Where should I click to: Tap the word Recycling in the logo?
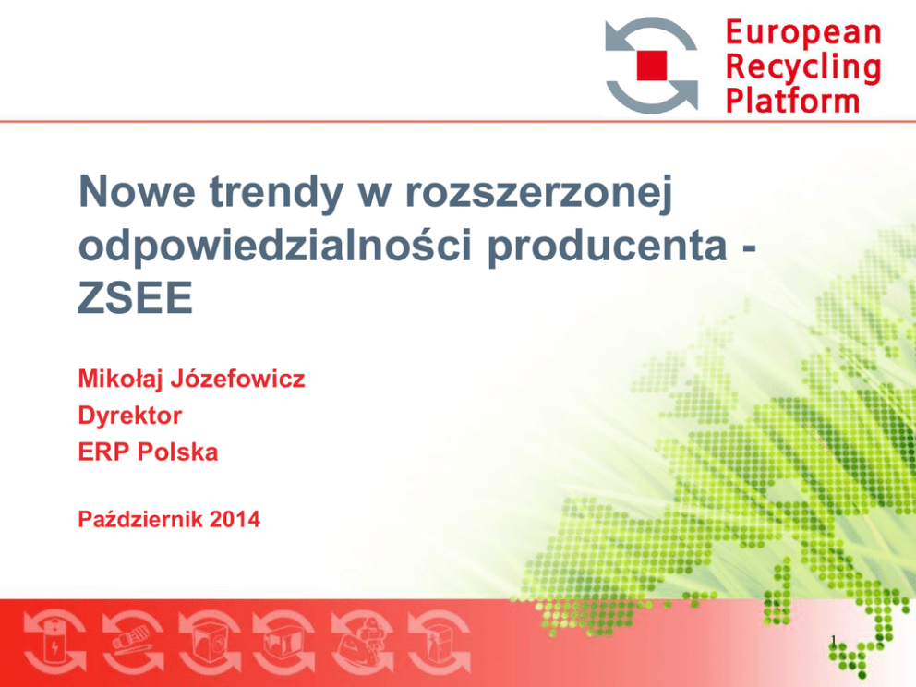[x=803, y=67]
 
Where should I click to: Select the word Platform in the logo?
[x=793, y=101]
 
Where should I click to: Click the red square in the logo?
[x=651, y=65]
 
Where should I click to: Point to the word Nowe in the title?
[x=138, y=192]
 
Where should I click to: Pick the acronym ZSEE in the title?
[x=136, y=297]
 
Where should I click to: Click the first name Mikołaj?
[x=120, y=380]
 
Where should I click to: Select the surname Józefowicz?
[x=237, y=380]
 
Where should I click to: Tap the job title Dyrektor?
[x=130, y=416]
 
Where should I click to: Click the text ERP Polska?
[x=148, y=452]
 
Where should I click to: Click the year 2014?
[x=235, y=519]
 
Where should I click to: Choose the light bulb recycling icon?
[x=133, y=643]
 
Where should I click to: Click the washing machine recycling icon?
[x=210, y=643]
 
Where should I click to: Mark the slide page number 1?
[x=834, y=641]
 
